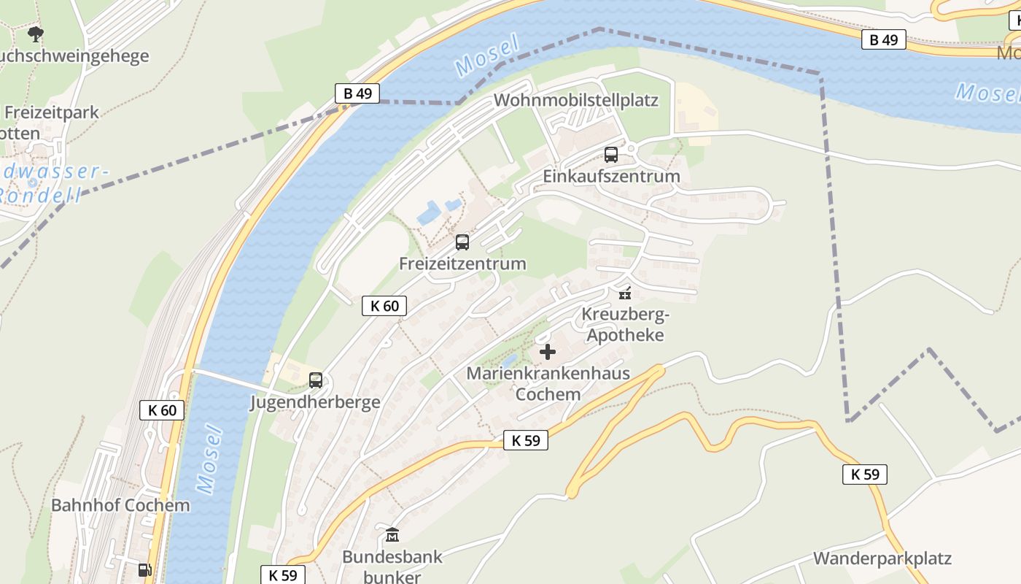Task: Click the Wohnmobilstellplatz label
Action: click(x=576, y=100)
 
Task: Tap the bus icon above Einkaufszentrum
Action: click(x=611, y=155)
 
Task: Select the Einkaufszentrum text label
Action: click(x=611, y=176)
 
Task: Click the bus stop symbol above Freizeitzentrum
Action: click(x=462, y=242)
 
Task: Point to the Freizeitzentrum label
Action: click(x=462, y=264)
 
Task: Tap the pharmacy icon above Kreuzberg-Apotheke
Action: click(x=624, y=293)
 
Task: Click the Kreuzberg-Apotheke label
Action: click(x=625, y=325)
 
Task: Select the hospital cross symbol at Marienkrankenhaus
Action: click(x=548, y=353)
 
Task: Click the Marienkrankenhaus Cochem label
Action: click(x=548, y=384)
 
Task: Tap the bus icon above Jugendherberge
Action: click(x=316, y=380)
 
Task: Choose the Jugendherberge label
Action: click(x=315, y=402)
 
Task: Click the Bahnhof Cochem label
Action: click(x=120, y=505)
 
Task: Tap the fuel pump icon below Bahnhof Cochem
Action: click(x=145, y=569)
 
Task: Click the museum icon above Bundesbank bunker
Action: click(x=392, y=535)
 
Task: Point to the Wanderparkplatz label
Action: click(x=882, y=559)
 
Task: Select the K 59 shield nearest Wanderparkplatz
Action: click(x=865, y=474)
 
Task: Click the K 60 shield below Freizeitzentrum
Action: click(x=384, y=306)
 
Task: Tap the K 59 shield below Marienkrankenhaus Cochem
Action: click(x=525, y=440)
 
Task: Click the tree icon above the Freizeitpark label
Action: click(x=35, y=34)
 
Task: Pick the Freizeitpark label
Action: click(x=51, y=112)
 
